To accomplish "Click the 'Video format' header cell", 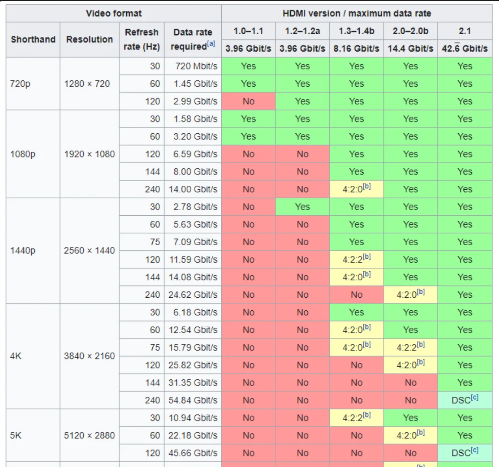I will [x=114, y=13].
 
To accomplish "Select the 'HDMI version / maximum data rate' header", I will [x=357, y=13].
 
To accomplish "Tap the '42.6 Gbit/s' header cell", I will [x=465, y=49].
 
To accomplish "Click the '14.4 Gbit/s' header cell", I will [x=410, y=49].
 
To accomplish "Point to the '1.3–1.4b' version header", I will [x=356, y=31].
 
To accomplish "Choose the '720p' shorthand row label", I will [x=20, y=84].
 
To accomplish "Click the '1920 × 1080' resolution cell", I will [x=89, y=154].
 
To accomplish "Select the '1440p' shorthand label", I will [x=23, y=250].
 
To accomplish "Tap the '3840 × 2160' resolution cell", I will [x=89, y=356].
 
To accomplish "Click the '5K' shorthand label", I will [x=16, y=435].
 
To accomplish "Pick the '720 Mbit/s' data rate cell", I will [x=196, y=66].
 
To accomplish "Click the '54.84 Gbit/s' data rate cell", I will [x=193, y=400].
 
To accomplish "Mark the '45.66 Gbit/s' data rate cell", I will [x=193, y=453].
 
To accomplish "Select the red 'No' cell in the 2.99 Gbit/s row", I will [x=249, y=102].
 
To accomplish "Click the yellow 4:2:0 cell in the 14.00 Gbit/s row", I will [x=356, y=189].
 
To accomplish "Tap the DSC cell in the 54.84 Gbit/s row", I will [x=465, y=400].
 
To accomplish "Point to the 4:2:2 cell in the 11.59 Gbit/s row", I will [x=356, y=260].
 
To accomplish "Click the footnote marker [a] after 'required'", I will [x=211, y=44].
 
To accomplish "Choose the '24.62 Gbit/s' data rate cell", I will [x=193, y=295].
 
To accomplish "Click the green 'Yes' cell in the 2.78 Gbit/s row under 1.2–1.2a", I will [x=302, y=207].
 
